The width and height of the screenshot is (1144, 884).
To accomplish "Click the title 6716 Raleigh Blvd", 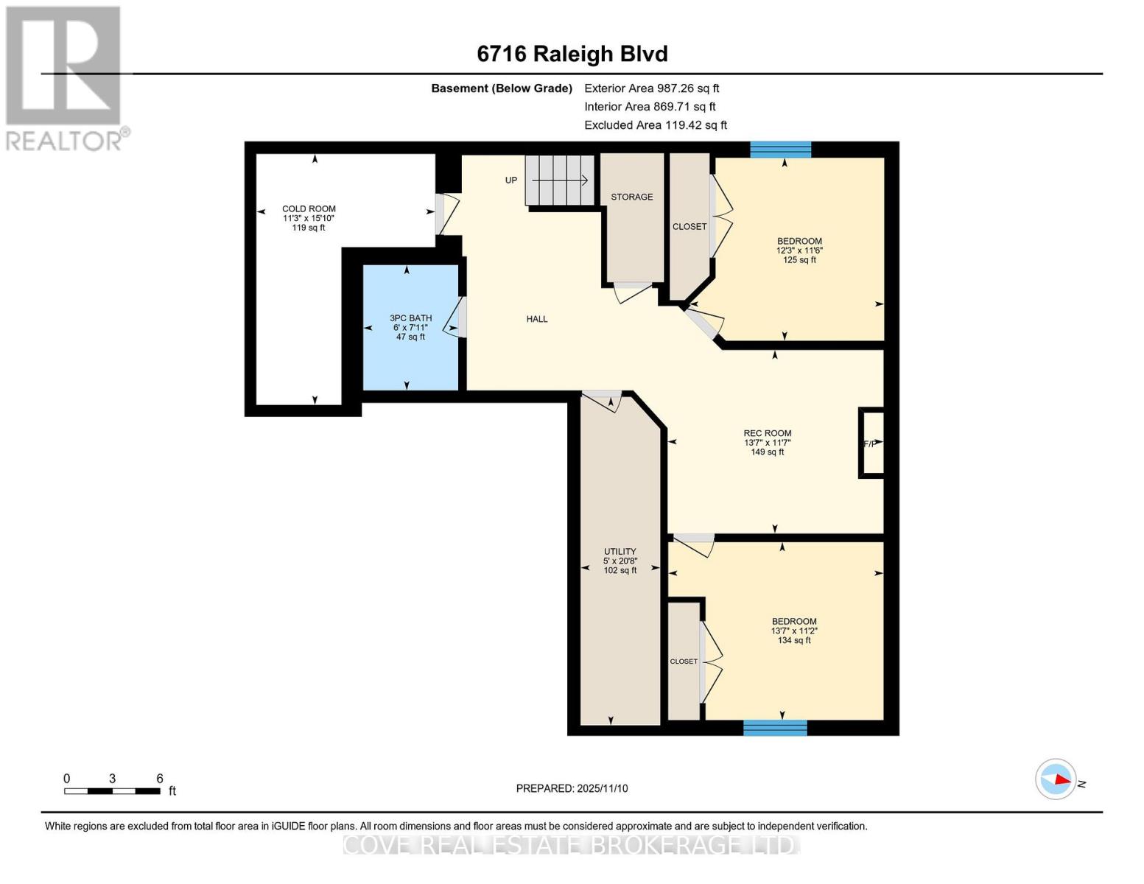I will tap(572, 54).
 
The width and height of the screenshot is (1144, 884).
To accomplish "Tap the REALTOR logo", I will tap(65, 78).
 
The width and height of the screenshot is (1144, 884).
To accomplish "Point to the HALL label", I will tap(537, 319).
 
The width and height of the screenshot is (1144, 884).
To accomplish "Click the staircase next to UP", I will tap(560, 180).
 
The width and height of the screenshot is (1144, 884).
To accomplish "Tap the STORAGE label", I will tap(631, 197).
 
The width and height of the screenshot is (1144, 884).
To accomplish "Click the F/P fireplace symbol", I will tap(871, 443).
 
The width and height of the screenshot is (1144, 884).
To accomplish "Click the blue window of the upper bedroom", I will tap(780, 150).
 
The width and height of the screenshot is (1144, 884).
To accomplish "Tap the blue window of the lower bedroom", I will tap(775, 728).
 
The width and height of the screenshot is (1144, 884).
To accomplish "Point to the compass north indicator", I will tap(1056, 779).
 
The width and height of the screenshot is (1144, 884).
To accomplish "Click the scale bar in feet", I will tap(112, 791).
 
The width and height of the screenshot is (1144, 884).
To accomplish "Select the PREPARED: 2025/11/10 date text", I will tap(572, 788).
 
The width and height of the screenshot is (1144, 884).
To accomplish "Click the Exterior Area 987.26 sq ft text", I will tap(651, 88).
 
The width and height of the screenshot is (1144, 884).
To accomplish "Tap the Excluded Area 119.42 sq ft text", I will tap(655, 125).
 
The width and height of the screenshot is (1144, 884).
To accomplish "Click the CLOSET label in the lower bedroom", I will tap(684, 662).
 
